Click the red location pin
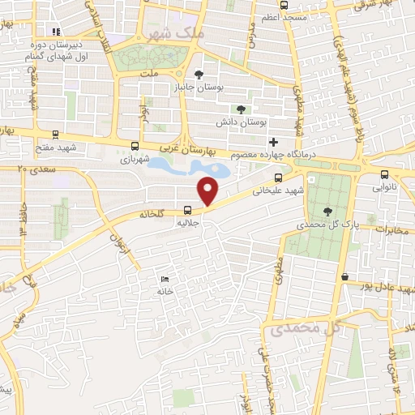coord(209,190)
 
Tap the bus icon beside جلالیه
coord(188,207)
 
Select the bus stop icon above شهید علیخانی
coord(278,178)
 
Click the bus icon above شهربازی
coord(135,146)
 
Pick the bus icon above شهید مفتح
coord(55,135)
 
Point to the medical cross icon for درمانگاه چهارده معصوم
coord(273,142)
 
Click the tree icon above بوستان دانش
coord(240,109)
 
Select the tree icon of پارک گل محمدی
coord(327,212)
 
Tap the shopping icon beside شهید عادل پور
coord(345,276)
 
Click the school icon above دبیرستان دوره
coord(56,32)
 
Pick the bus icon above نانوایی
coord(385,172)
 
